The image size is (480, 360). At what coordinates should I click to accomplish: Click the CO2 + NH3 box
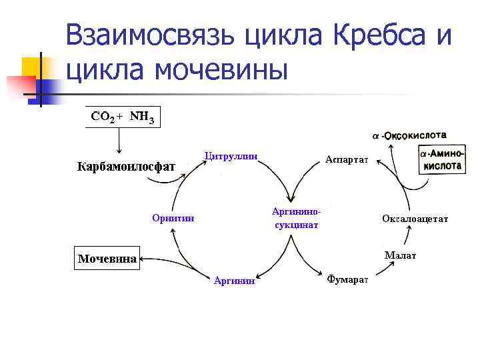click(x=123, y=117)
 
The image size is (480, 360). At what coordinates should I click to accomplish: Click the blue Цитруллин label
click(x=230, y=157)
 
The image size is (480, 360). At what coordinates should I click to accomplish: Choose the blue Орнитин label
click(x=173, y=217)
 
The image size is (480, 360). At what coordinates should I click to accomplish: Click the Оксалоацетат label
click(x=415, y=218)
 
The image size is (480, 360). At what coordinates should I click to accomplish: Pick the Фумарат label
click(x=347, y=279)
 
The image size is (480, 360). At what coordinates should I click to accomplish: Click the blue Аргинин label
click(x=234, y=281)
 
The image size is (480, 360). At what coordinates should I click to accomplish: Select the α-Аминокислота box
click(x=442, y=160)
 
